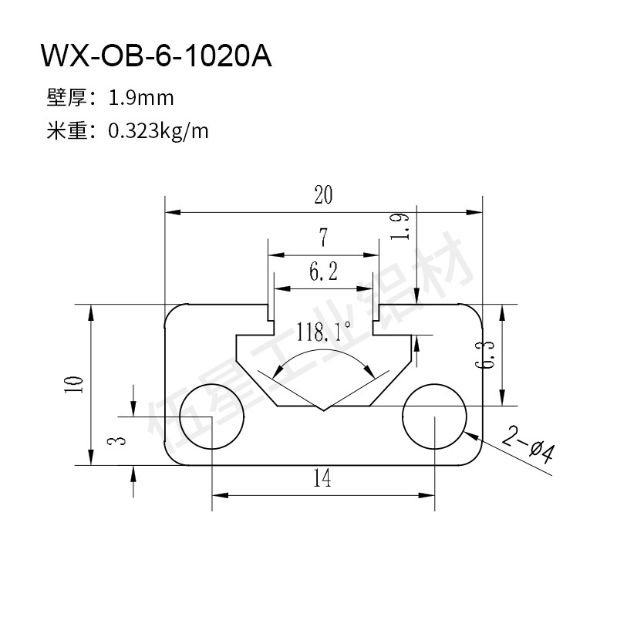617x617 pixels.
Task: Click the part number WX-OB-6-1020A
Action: [157, 56]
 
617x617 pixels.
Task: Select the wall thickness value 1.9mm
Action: [141, 98]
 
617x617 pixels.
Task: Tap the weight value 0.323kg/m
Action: [158, 131]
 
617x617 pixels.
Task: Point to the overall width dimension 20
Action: [323, 195]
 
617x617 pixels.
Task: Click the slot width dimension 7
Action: [323, 238]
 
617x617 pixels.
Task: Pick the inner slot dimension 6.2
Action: [323, 272]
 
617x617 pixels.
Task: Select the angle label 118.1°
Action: [323, 332]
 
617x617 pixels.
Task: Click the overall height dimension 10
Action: [74, 384]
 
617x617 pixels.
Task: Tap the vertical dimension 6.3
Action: [485, 355]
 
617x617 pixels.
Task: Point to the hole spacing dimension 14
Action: [322, 478]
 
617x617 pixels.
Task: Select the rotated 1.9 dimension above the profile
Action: [400, 226]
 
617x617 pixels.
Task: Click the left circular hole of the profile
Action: [211, 416]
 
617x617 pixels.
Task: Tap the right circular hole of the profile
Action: [434, 416]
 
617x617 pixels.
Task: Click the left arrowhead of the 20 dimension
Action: [173, 213]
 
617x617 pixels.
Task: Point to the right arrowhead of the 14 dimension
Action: [427, 495]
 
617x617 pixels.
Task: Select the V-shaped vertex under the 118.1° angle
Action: [323, 411]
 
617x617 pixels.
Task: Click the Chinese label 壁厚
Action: [67, 98]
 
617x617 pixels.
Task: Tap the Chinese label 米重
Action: [67, 131]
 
